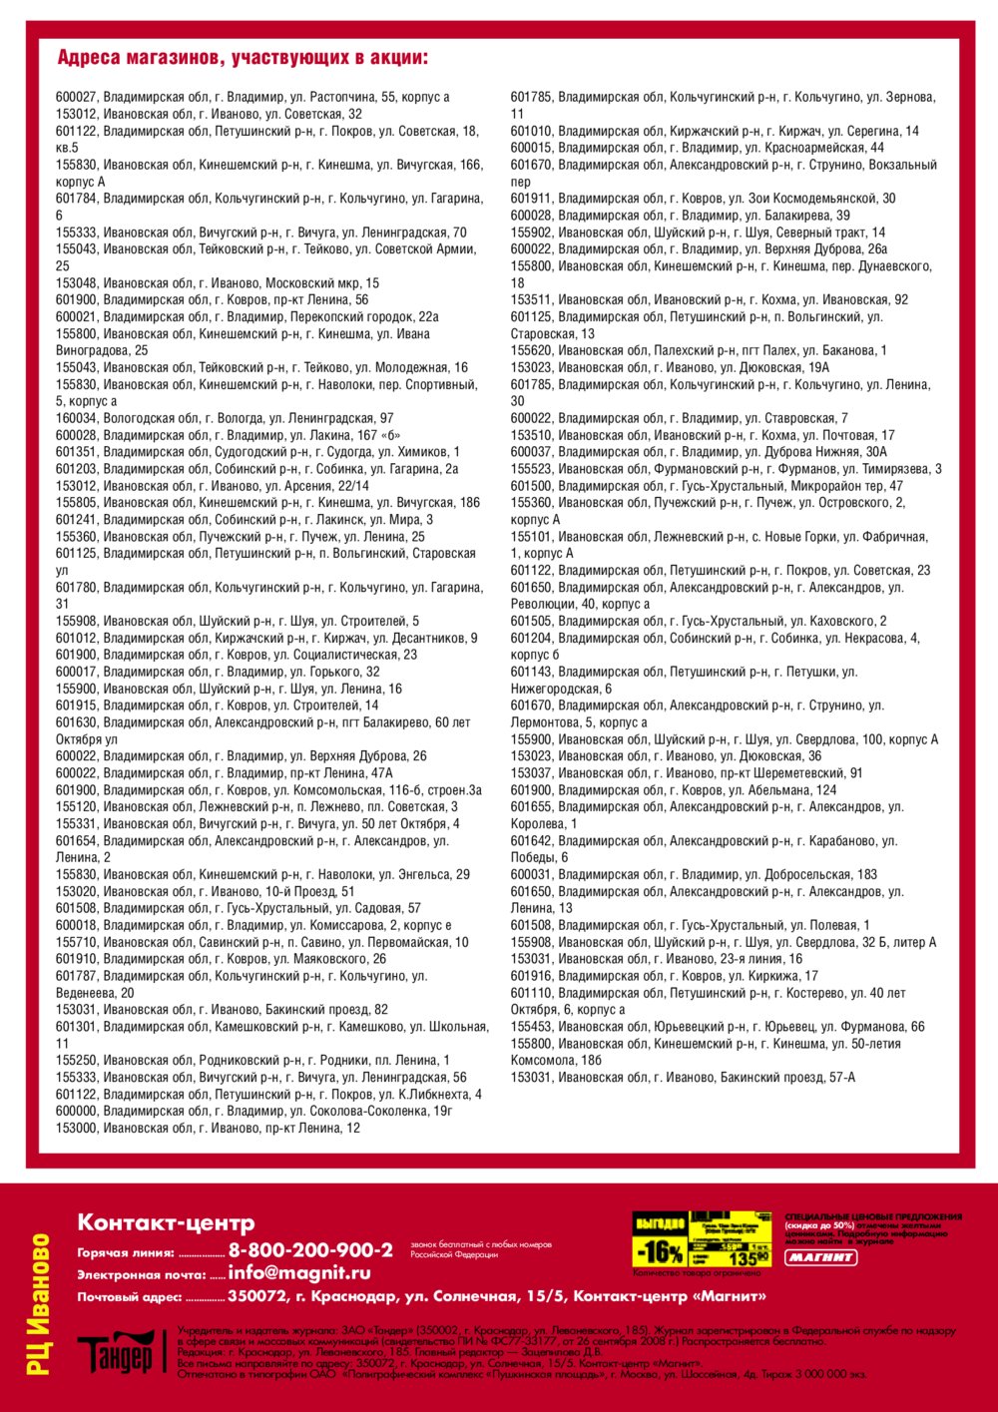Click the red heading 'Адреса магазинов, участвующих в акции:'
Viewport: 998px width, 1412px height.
pyautogui.click(x=243, y=57)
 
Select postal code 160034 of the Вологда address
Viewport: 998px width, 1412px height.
pyautogui.click(x=77, y=418)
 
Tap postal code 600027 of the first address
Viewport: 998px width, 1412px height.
pyautogui.click(x=77, y=97)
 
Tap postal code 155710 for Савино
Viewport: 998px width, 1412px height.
pyautogui.click(x=77, y=942)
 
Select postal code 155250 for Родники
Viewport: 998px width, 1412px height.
pyautogui.click(x=77, y=1060)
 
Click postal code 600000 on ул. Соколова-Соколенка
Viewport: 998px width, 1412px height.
pyautogui.click(x=77, y=1111)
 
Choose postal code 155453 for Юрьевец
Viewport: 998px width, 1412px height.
pyautogui.click(x=532, y=1027)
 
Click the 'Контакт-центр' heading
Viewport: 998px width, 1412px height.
pyautogui.click(x=166, y=1222)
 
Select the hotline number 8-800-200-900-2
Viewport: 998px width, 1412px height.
pyautogui.click(x=310, y=1250)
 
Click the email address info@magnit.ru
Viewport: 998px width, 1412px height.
pyautogui.click(x=299, y=1273)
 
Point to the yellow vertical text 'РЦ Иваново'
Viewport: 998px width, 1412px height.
pyautogui.click(x=39, y=1303)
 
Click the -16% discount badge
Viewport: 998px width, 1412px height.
pyautogui.click(x=660, y=1251)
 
